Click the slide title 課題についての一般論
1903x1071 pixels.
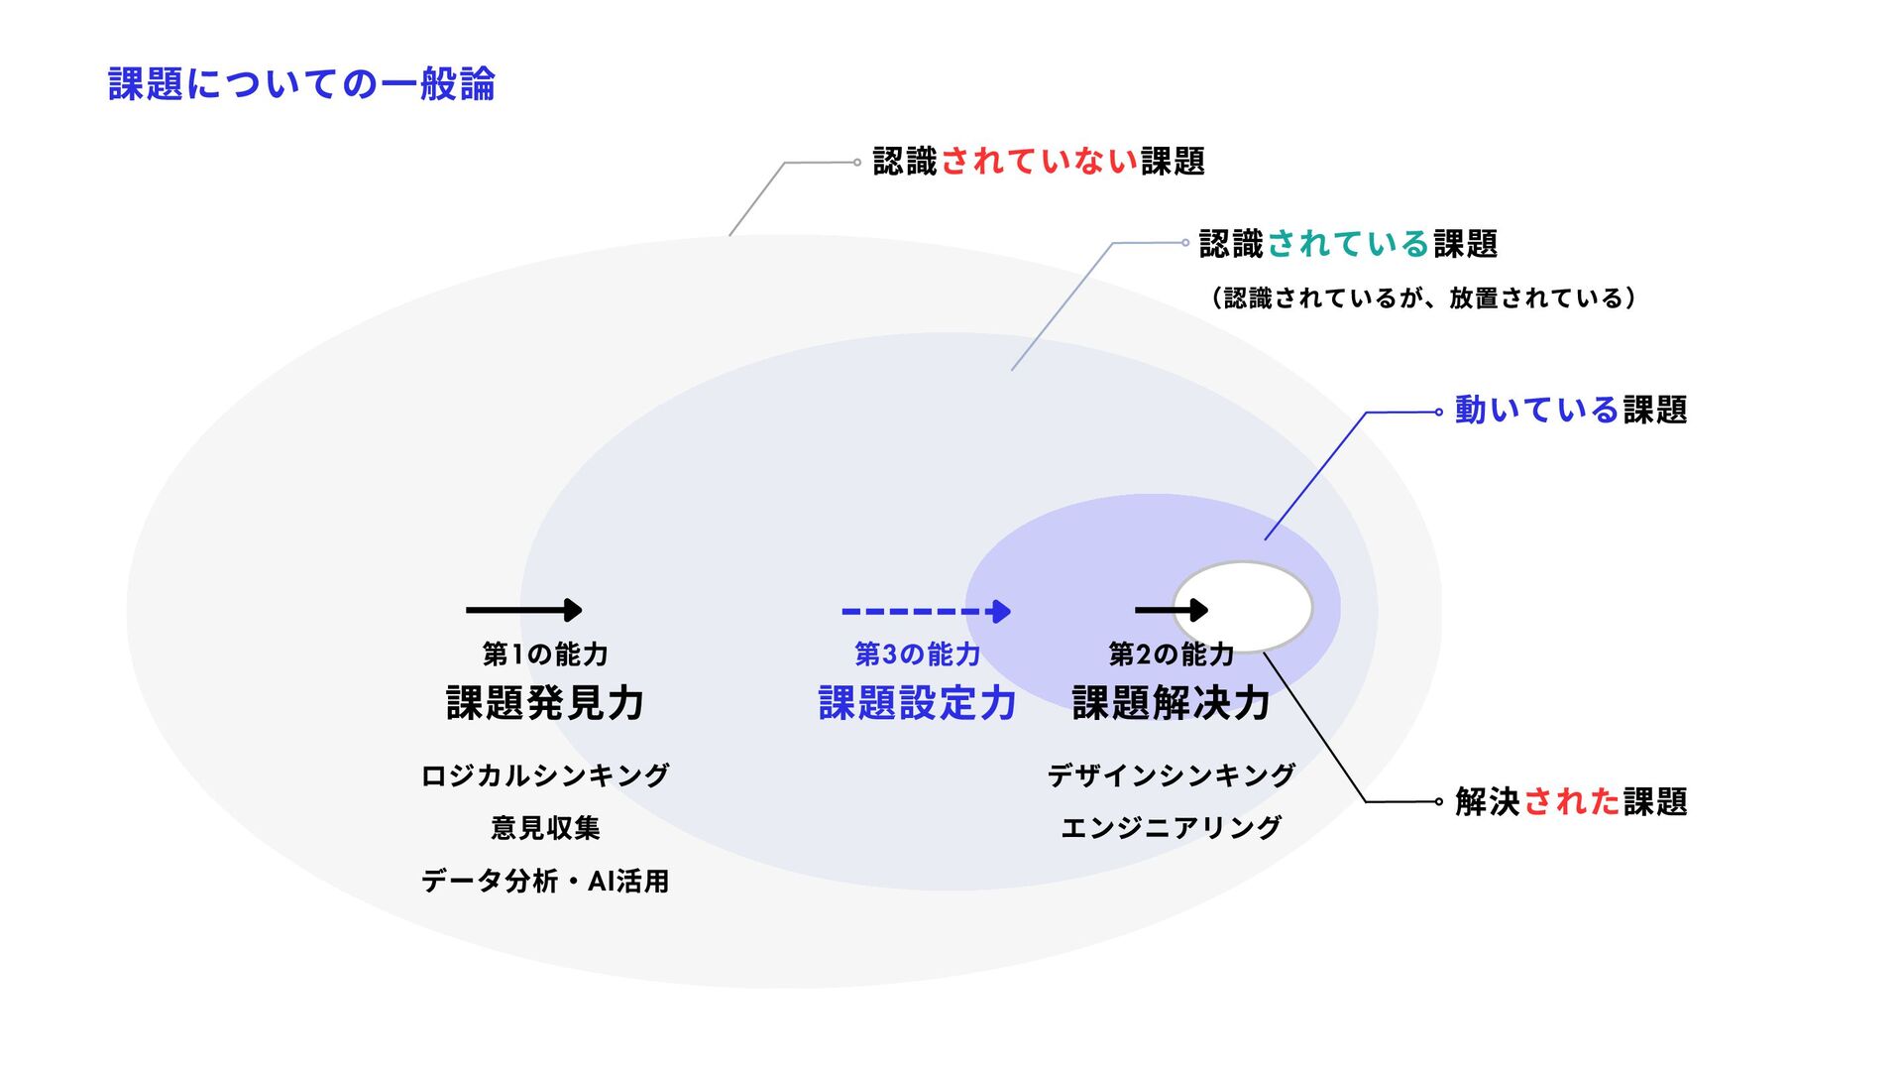click(x=301, y=84)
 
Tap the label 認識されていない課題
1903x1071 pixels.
click(x=1038, y=162)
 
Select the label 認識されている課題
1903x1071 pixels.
click(x=1347, y=244)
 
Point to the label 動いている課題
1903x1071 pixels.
click(x=1570, y=411)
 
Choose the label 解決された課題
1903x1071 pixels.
click(x=1570, y=802)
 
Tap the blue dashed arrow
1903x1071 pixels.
click(x=925, y=611)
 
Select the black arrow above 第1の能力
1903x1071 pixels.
click(x=523, y=610)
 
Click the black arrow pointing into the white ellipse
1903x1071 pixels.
click(x=1171, y=610)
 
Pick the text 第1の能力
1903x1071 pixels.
click(x=545, y=654)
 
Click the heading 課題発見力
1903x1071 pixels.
click(x=545, y=704)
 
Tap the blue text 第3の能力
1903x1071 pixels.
click(x=918, y=654)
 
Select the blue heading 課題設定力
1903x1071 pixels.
click(x=918, y=704)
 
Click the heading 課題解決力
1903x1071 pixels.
click(x=1172, y=704)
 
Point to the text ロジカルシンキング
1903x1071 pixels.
click(x=545, y=775)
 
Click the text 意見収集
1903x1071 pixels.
click(x=545, y=828)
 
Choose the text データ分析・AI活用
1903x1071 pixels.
click(x=545, y=881)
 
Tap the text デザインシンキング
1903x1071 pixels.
click(x=1172, y=775)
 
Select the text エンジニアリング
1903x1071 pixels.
click(x=1172, y=828)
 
